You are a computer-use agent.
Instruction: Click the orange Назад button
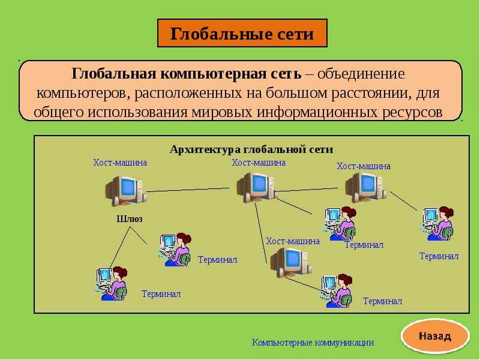[x=435, y=337]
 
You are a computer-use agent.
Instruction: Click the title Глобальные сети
[x=242, y=34]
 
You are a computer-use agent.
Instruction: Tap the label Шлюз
[x=130, y=219]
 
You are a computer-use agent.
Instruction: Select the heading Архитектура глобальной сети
[x=251, y=149]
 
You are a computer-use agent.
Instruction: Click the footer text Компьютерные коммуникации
[x=313, y=342]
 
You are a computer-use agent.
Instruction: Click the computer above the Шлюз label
[x=126, y=191]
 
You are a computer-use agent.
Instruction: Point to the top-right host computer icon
[x=366, y=188]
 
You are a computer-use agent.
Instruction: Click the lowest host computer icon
[x=291, y=263]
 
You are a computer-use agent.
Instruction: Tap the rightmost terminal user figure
[x=437, y=224]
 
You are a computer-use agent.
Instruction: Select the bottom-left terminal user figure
[x=112, y=283]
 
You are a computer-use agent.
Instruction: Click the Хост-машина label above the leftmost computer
[x=120, y=162]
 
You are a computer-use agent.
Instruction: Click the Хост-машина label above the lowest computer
[x=293, y=241]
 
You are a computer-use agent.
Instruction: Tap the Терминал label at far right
[x=439, y=256]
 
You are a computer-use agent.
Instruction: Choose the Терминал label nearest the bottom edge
[x=382, y=301]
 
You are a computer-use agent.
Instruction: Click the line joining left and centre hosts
[x=188, y=190]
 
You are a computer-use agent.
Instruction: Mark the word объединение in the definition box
[x=361, y=74]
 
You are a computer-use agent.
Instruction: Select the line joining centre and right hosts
[x=307, y=190]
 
